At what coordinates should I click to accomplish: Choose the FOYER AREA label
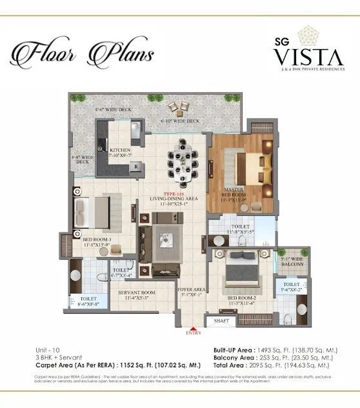(x=191, y=292)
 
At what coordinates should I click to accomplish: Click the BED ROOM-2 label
(x=239, y=299)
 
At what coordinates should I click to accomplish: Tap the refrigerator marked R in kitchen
(x=136, y=167)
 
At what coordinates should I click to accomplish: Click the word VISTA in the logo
(x=298, y=56)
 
